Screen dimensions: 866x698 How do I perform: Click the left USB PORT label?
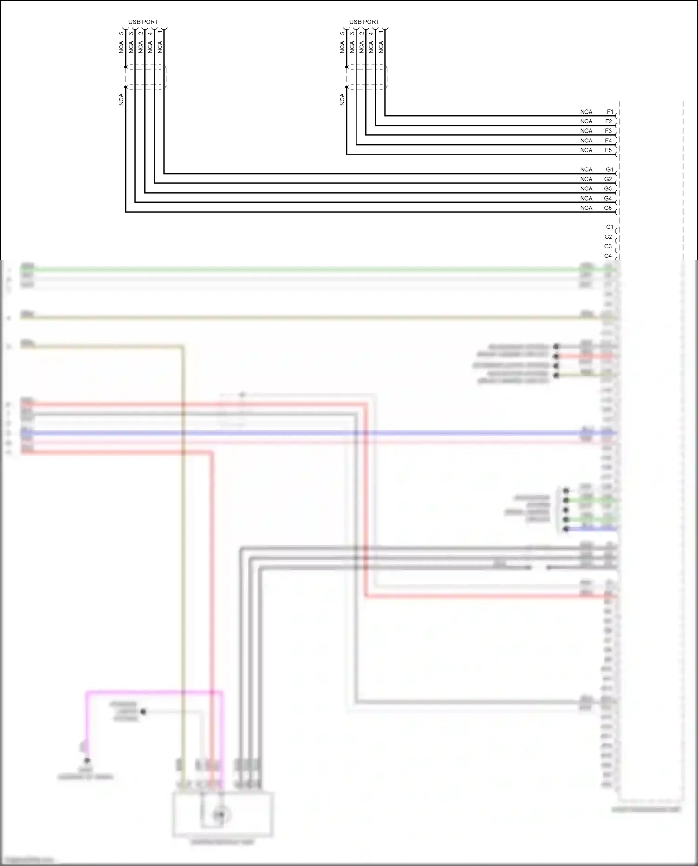pyautogui.click(x=143, y=22)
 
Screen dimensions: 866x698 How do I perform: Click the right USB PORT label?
pyautogui.click(x=364, y=22)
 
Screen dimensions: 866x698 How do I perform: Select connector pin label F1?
pyautogui.click(x=610, y=112)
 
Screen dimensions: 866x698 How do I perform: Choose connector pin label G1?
pyautogui.click(x=610, y=170)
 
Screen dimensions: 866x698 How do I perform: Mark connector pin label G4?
pyautogui.click(x=608, y=199)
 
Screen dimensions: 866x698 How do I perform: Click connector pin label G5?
pyautogui.click(x=608, y=208)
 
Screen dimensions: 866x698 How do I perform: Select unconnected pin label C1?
pyautogui.click(x=610, y=227)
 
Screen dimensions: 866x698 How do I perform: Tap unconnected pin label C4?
pyautogui.click(x=608, y=256)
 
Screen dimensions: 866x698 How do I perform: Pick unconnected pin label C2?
pyautogui.click(x=608, y=237)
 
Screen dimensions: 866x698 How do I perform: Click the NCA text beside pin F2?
pyautogui.click(x=586, y=121)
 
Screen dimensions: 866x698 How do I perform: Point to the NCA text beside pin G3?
pyautogui.click(x=586, y=189)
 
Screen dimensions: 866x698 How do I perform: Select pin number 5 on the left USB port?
pyautogui.click(x=121, y=34)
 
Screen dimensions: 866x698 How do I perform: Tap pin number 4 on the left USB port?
pyautogui.click(x=150, y=34)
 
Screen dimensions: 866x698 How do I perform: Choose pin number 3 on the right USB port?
pyautogui.click(x=352, y=34)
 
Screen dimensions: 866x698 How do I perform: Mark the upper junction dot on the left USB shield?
pyautogui.click(x=126, y=67)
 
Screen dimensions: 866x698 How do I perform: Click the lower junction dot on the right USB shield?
pyautogui.click(x=347, y=87)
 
